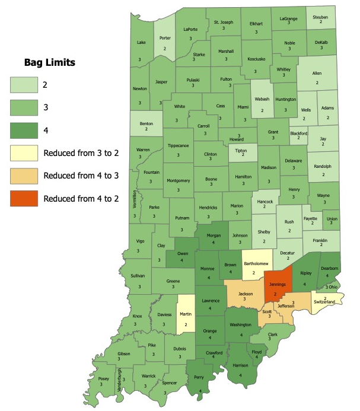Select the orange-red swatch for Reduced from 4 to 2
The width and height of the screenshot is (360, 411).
[x=23, y=198]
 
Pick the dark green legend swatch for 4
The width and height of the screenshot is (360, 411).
[x=23, y=130]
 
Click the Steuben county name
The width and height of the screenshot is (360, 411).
[x=321, y=18]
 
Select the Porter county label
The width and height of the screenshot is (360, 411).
[x=165, y=39]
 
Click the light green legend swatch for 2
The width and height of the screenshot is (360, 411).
[x=23, y=85]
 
